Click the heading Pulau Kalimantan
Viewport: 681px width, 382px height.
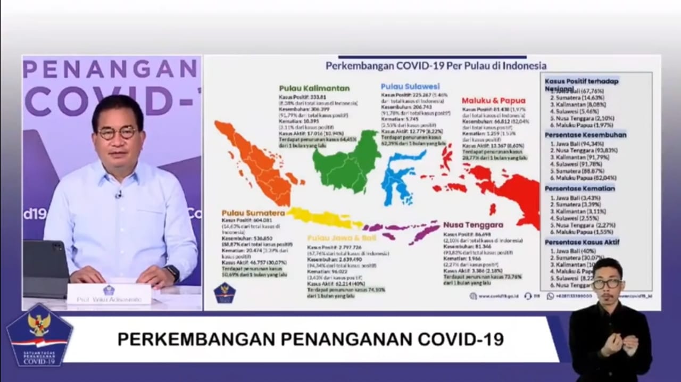[x=314, y=88]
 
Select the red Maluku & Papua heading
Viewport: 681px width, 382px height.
[x=493, y=100]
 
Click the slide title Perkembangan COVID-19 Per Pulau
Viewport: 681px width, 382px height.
[x=436, y=66]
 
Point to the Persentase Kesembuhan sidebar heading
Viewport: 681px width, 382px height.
[x=585, y=135]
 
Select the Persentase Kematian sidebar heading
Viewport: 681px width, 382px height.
[x=579, y=188]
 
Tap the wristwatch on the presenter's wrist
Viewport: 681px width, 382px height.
[x=172, y=273]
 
